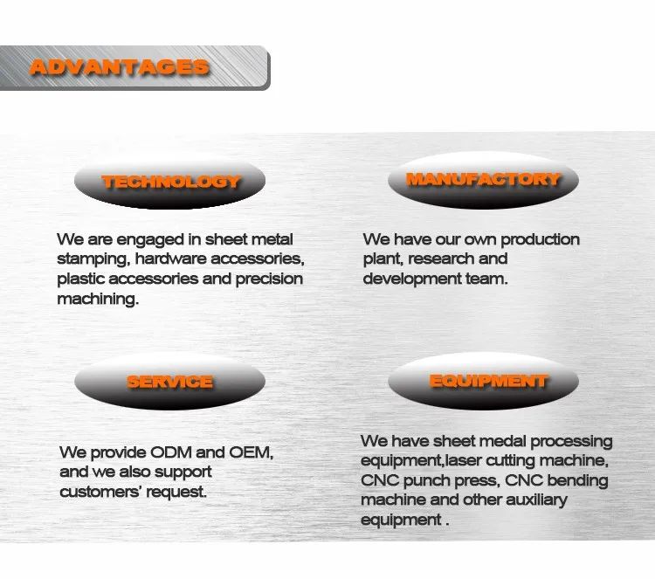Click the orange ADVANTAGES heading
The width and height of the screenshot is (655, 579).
click(120, 67)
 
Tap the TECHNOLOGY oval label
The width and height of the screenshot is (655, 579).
click(170, 183)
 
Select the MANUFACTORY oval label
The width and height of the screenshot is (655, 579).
click(483, 181)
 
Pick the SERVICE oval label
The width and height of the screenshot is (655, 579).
click(170, 383)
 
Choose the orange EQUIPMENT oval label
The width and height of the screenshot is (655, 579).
click(483, 381)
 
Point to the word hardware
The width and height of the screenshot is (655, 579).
click(171, 259)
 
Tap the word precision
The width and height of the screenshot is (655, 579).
click(269, 279)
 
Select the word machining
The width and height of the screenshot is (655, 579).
click(98, 300)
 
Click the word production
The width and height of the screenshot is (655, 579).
click(540, 240)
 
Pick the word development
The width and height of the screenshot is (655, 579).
click(412, 279)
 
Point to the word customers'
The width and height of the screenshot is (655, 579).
click(100, 493)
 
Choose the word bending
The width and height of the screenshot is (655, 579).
click(577, 481)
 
